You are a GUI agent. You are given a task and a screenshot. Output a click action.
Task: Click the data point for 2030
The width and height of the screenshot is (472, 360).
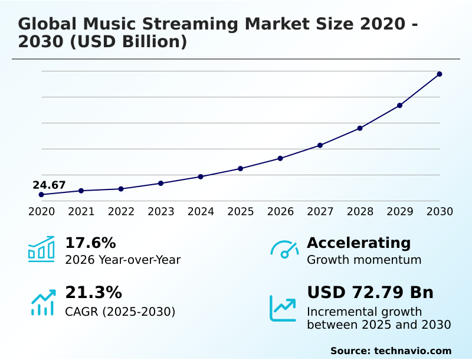[x=440, y=74]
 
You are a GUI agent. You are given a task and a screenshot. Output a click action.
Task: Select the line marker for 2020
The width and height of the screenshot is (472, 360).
[x=41, y=195]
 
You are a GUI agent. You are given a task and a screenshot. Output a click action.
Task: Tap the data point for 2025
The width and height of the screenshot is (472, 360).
[x=241, y=169]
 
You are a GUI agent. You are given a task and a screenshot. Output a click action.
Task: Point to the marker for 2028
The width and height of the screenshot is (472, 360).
[x=360, y=128]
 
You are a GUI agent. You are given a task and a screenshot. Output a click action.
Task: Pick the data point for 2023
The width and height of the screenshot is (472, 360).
[x=161, y=184]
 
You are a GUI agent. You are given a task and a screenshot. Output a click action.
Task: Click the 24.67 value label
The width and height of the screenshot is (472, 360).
[x=49, y=185]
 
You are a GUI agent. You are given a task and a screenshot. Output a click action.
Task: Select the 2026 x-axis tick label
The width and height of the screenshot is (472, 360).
[x=280, y=211]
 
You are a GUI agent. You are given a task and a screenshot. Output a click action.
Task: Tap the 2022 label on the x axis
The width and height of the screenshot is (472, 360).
[x=121, y=211]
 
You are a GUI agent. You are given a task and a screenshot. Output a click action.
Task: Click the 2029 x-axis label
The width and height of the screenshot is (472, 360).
[x=400, y=211]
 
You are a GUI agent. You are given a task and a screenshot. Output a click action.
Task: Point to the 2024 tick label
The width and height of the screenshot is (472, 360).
[x=201, y=211]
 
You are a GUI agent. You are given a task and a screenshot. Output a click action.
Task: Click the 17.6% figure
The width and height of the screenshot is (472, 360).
[x=90, y=243]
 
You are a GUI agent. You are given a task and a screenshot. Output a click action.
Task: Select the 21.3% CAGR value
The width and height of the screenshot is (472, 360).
[x=93, y=293]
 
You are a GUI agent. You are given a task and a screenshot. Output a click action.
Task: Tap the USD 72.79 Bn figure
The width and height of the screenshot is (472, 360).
[x=370, y=293]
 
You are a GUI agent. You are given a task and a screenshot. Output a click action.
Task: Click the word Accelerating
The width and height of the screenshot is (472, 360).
[x=359, y=243]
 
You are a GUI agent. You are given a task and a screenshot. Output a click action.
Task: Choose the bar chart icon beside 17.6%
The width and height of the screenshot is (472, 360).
[x=41, y=250]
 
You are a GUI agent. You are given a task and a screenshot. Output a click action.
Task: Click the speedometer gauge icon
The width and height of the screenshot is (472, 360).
[x=284, y=250]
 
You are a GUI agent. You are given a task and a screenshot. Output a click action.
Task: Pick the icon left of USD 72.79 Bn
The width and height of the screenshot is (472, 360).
[x=283, y=308]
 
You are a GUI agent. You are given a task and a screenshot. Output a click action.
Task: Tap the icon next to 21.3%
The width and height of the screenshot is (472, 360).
[x=42, y=303]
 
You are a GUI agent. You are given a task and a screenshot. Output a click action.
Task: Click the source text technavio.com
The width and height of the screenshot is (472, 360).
[x=412, y=351]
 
